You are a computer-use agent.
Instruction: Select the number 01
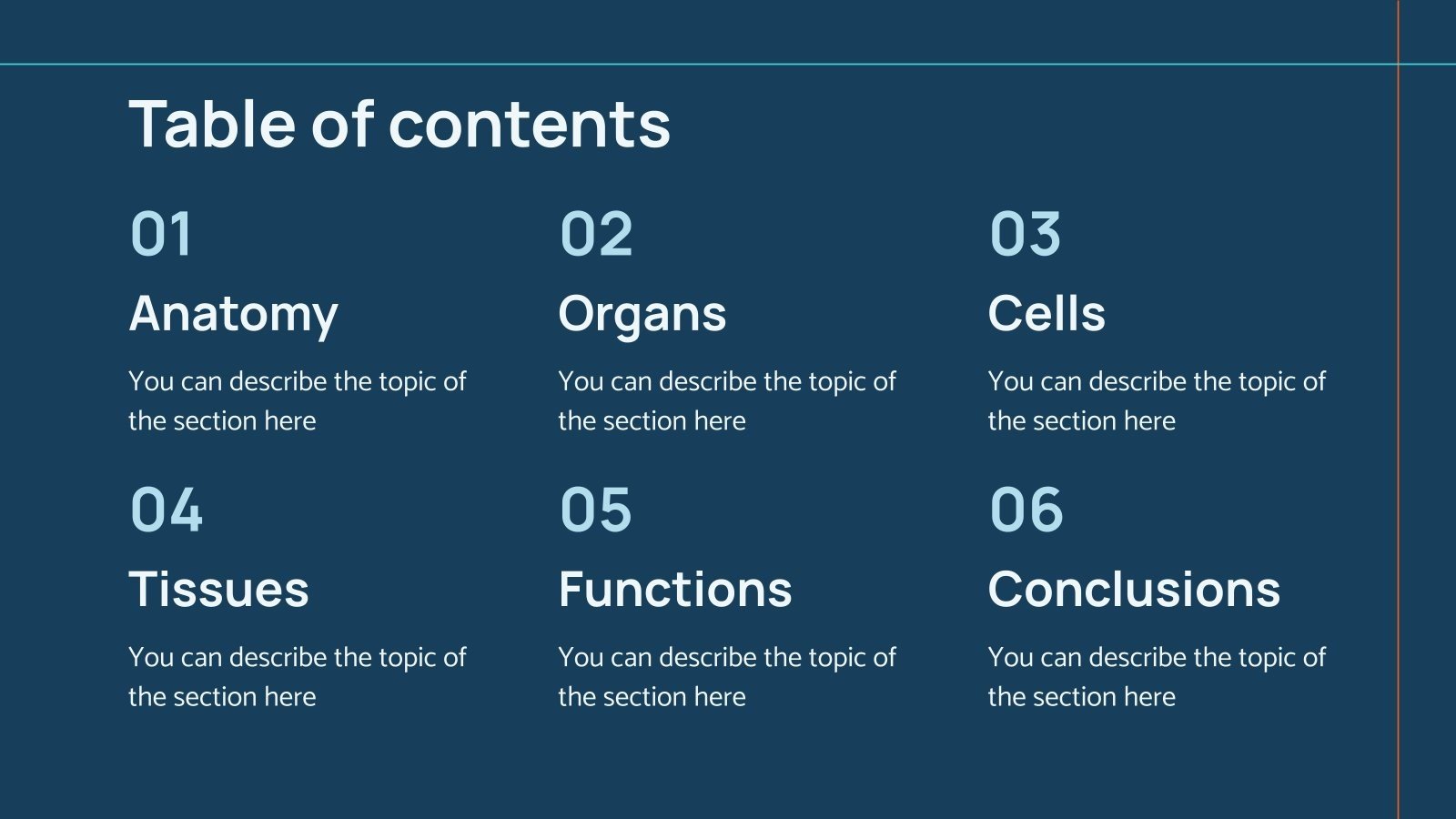pos(161,234)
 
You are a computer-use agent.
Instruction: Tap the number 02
pos(596,234)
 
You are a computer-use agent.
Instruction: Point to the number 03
pos(1026,234)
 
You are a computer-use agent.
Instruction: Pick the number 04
pos(167,509)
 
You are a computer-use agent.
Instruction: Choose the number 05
pos(596,509)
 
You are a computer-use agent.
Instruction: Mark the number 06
pos(1026,509)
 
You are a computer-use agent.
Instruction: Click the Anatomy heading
pos(233,314)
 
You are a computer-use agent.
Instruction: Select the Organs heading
pos(642,314)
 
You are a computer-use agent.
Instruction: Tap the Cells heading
pos(1046,314)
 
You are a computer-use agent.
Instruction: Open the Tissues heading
pos(218,589)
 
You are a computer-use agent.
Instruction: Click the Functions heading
pos(675,589)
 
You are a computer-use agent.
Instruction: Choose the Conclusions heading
pos(1134,589)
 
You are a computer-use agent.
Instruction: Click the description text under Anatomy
pos(297,400)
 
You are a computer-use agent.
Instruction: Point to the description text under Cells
pos(1156,400)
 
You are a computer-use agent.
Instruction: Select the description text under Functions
pos(726,676)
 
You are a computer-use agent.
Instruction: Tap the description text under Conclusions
pos(1156,676)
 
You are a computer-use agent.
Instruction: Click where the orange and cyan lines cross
pos(1399,64)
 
